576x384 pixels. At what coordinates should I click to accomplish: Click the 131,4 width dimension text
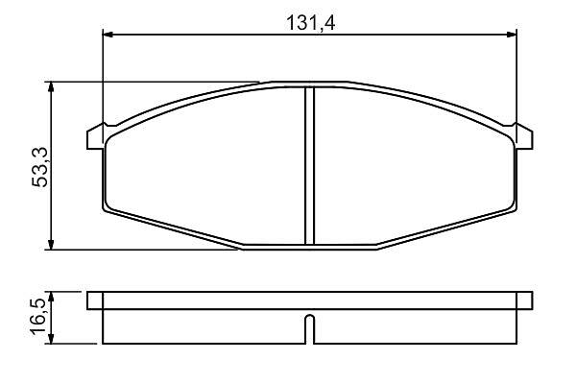click(310, 23)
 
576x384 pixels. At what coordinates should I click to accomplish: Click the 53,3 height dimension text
click(40, 167)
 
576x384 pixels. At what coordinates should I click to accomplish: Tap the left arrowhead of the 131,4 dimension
click(108, 35)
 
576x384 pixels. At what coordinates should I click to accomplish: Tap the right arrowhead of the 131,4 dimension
click(512, 35)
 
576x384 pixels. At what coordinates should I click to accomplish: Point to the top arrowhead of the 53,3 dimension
click(51, 87)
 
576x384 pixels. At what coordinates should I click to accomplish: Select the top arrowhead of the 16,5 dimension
click(51, 297)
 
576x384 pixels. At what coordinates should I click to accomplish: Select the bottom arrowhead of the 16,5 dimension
click(51, 339)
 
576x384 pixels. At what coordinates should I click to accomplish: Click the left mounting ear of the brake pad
click(95, 138)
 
